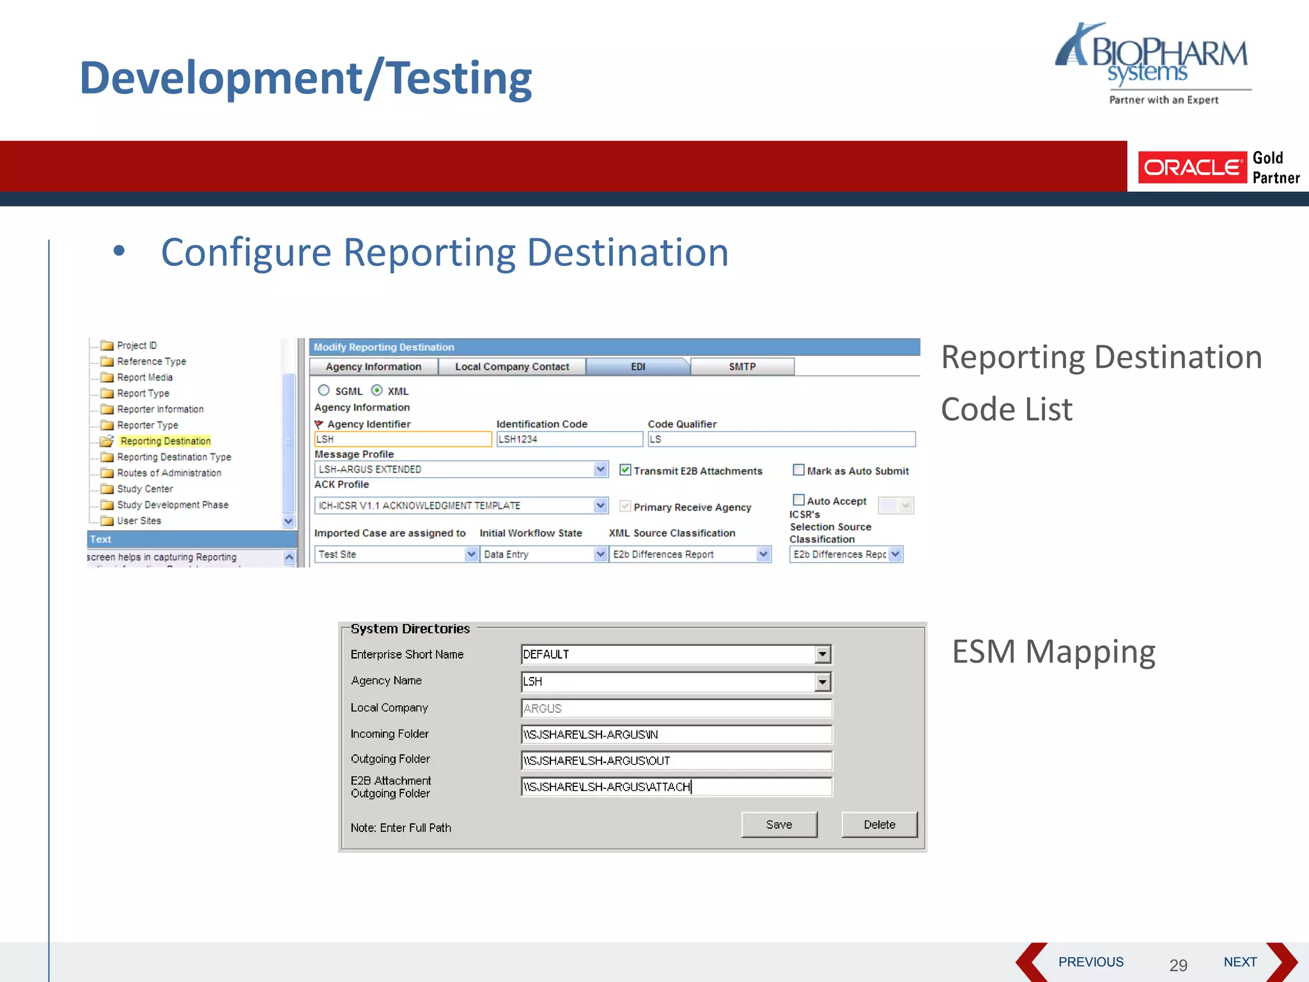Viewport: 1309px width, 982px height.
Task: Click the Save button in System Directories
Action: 778,825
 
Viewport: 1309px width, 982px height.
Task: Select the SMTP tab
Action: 742,367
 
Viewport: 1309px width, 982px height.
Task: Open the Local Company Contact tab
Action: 511,367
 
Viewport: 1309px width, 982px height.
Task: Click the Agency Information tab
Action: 373,367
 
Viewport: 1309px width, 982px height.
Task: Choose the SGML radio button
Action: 324,391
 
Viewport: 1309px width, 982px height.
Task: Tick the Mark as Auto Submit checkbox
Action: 798,470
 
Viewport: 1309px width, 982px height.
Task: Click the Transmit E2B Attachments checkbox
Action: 625,470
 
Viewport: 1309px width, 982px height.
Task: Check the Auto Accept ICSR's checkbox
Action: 798,500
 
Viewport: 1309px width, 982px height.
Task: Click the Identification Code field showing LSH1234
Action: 569,439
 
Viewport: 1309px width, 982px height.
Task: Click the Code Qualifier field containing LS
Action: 780,439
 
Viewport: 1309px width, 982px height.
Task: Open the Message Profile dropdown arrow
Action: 600,469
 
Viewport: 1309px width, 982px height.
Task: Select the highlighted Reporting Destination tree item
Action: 165,441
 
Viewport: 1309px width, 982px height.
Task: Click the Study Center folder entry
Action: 144,489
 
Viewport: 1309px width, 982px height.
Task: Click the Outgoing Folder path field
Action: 676,761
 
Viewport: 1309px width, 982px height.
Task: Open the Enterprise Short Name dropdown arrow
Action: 823,654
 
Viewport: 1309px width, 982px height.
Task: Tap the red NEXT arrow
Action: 1282,962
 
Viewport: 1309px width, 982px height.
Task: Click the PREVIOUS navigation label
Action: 1090,962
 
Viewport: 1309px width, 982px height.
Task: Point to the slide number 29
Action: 1178,965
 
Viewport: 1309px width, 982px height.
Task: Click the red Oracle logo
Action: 1192,168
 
